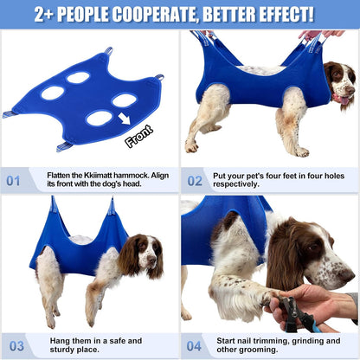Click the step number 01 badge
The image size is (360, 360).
click(13, 182)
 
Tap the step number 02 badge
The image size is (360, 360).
click(195, 182)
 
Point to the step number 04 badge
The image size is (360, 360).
click(195, 345)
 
